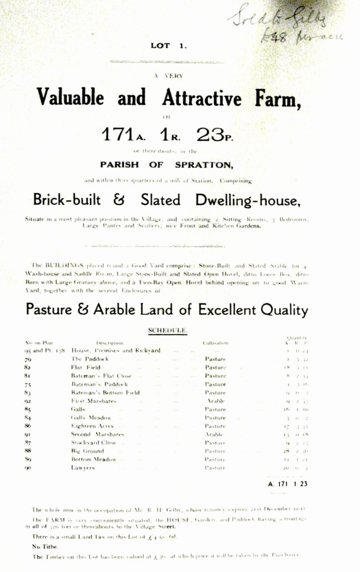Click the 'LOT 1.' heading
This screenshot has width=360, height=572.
[168, 46]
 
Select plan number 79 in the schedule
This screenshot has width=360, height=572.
[28, 359]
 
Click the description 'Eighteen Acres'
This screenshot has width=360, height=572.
[92, 426]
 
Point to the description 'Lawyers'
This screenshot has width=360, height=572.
[83, 468]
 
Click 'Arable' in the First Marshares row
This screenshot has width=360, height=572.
[215, 401]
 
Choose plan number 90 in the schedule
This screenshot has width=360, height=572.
[28, 468]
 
